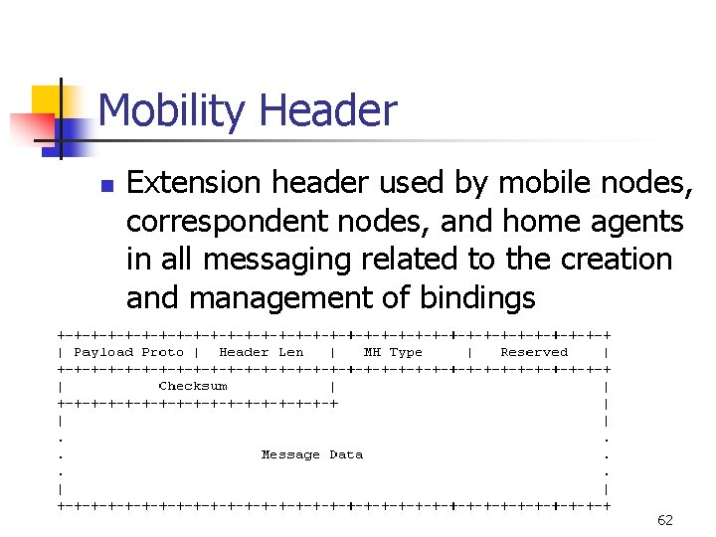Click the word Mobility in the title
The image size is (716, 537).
click(168, 110)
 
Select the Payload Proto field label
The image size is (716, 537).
click(128, 352)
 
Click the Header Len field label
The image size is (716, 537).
click(261, 352)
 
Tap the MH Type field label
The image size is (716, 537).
click(393, 352)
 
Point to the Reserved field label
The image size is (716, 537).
click(534, 352)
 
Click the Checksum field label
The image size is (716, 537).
click(193, 386)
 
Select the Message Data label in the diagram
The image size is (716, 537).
click(311, 454)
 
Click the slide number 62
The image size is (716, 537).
click(665, 520)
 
